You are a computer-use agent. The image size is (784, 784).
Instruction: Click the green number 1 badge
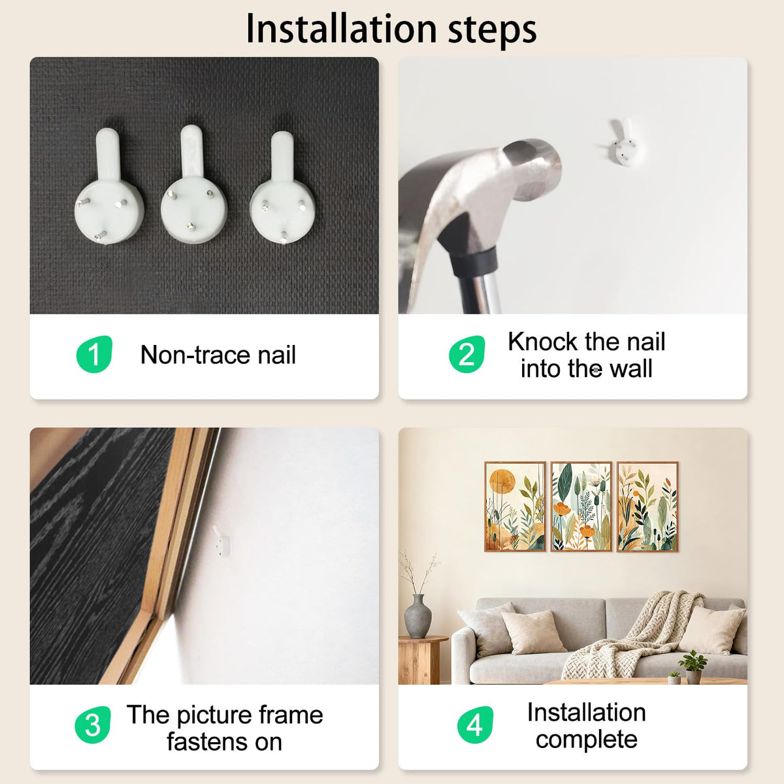click(94, 354)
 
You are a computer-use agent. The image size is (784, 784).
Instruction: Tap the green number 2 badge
click(466, 354)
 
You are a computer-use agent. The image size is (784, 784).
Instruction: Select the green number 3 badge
click(93, 725)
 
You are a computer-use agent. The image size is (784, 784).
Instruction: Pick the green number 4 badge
click(475, 725)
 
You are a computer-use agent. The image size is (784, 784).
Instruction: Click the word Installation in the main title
click(342, 29)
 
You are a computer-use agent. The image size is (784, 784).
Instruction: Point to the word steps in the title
click(492, 31)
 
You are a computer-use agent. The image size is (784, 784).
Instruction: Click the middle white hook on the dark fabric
click(193, 185)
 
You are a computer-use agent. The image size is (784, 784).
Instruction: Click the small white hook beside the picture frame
click(221, 541)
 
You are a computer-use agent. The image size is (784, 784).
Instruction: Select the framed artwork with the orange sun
click(515, 506)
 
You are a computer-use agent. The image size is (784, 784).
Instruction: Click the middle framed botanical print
click(581, 506)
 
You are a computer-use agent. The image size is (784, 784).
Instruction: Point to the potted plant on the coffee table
click(693, 667)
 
